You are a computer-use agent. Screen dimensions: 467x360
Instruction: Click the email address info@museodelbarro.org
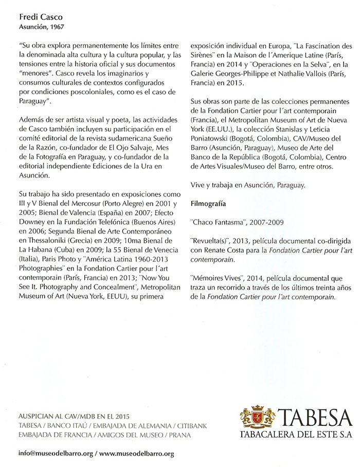tap(56, 454)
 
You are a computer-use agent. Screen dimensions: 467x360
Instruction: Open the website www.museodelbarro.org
tap(137, 454)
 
